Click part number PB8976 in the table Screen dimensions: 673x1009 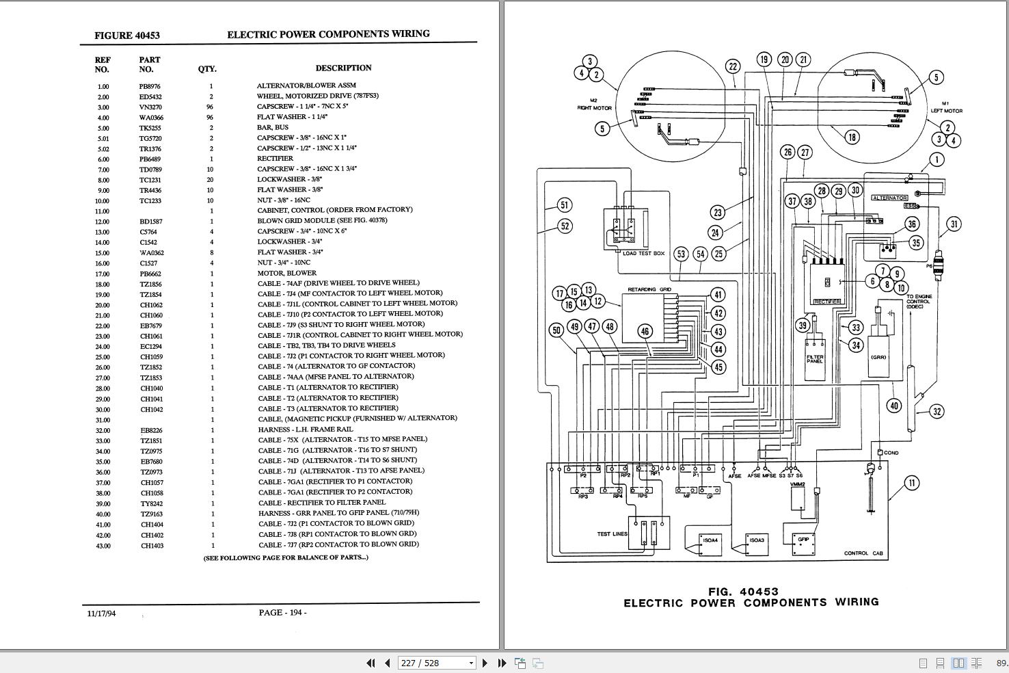149,86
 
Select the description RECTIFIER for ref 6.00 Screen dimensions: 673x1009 275,159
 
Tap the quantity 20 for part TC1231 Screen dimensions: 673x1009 211,180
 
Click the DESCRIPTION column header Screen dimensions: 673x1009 343,68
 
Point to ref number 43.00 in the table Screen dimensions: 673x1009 103,546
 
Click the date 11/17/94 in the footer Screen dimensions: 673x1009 101,613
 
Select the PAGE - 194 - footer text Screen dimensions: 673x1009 282,613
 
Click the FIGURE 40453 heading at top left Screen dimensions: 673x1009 127,35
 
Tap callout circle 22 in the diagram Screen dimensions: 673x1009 733,66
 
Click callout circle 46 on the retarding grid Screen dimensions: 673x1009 645,331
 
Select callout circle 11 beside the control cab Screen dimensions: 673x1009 911,483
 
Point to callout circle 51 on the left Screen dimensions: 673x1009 564,204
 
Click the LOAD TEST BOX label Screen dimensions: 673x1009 643,253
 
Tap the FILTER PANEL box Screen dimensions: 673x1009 815,359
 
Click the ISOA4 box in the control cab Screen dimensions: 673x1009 710,543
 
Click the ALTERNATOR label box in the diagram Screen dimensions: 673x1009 889,198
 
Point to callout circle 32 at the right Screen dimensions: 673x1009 937,411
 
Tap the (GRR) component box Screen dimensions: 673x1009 878,356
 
